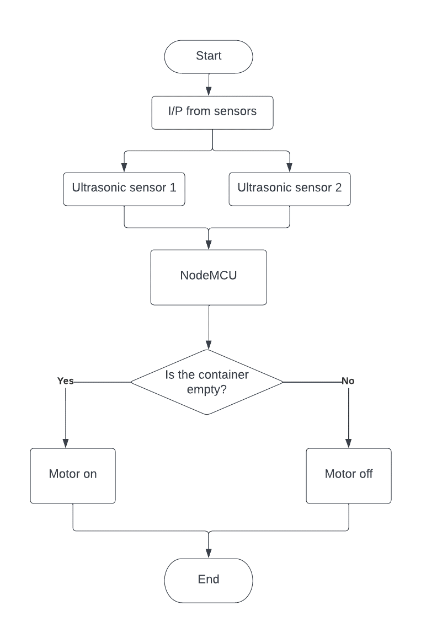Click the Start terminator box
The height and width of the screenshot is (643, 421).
click(209, 56)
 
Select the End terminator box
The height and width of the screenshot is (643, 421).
click(209, 580)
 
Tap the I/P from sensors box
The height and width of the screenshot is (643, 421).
click(212, 112)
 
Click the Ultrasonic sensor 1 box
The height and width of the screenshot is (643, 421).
click(124, 187)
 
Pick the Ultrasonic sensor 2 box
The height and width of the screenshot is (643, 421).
click(290, 187)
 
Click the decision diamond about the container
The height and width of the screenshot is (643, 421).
click(207, 382)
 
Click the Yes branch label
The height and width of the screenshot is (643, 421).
click(65, 381)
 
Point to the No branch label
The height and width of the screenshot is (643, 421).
click(348, 381)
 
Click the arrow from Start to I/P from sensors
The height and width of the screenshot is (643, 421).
click(209, 84)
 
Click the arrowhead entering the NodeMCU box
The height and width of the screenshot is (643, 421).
click(209, 245)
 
